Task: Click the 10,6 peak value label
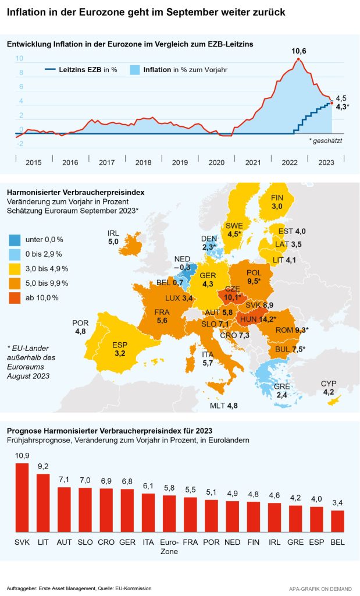[x=299, y=52]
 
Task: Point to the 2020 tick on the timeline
[x=216, y=163]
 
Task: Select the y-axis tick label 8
[x=20, y=73]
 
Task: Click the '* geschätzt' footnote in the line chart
[x=326, y=141]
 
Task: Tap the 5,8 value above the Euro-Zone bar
[x=169, y=488]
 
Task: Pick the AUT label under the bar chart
[x=64, y=541]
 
